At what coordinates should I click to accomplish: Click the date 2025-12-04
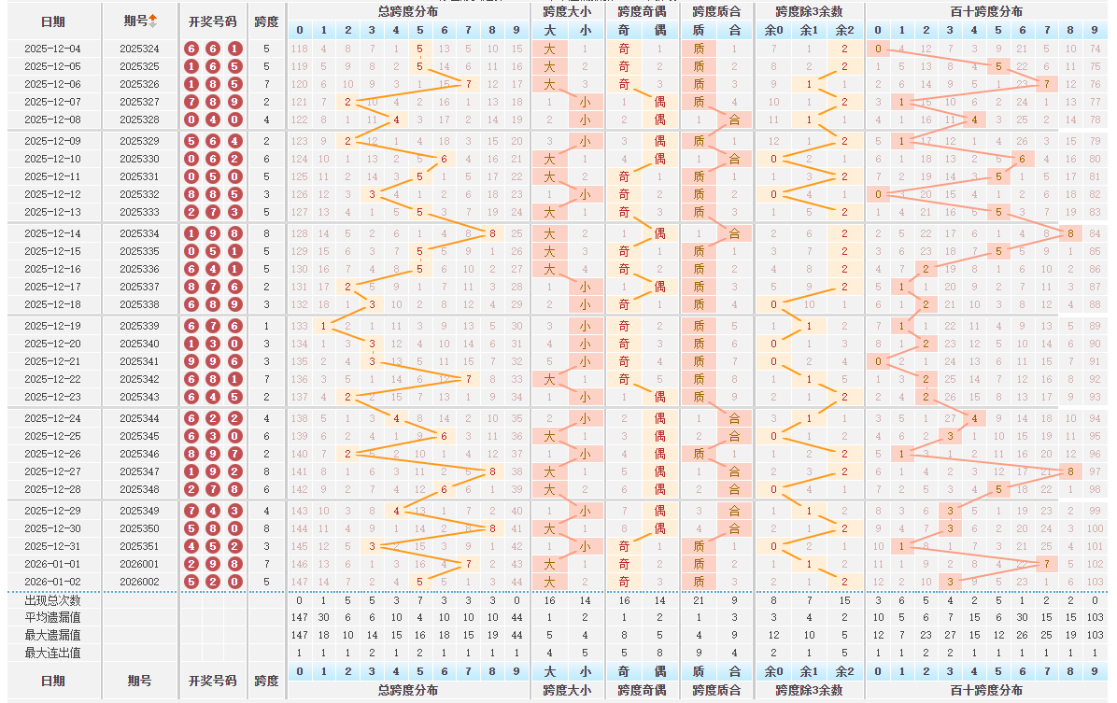coord(52,49)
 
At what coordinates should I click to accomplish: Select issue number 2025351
coord(139,546)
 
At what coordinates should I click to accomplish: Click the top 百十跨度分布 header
coord(986,11)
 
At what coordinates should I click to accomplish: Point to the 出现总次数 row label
coord(52,600)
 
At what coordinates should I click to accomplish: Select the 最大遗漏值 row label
coord(52,635)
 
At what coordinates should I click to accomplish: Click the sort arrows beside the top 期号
coord(153,21)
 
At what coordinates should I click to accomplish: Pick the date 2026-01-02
coord(52,582)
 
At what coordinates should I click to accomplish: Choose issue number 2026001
coord(139,564)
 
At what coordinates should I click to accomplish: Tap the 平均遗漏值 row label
coord(52,617)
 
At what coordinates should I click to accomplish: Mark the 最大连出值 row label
coord(52,653)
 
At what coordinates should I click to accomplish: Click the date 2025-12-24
coord(52,418)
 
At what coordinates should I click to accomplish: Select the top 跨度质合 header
coord(716,11)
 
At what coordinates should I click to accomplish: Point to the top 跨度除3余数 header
coord(809,11)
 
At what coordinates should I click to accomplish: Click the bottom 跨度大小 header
coord(567,690)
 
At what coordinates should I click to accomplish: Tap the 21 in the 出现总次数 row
coord(699,600)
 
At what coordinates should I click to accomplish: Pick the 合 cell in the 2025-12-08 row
coord(734,120)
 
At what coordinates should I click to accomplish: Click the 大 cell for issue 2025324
coord(549,49)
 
